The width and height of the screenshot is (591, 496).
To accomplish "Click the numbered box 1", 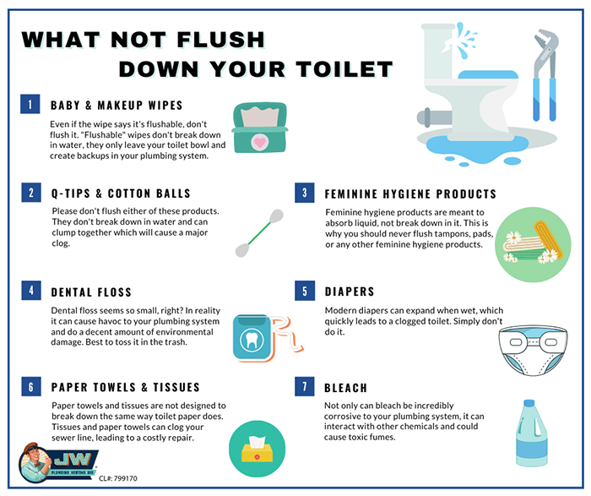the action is (x=30, y=104).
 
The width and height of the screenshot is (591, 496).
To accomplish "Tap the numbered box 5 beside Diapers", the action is (x=305, y=291).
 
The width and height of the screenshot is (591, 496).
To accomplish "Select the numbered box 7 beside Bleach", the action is (x=305, y=386).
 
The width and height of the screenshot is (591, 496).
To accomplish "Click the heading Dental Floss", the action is (x=91, y=292).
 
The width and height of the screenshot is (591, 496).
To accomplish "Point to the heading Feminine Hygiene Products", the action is (x=410, y=193).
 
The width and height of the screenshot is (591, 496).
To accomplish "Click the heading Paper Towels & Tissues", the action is (x=126, y=387).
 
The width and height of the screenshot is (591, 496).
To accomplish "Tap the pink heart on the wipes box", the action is (x=260, y=142).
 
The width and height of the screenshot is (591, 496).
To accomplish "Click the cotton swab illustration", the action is (x=259, y=232).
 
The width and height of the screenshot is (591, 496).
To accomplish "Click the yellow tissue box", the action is (x=257, y=452).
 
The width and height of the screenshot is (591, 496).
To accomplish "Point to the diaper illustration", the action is (x=533, y=351).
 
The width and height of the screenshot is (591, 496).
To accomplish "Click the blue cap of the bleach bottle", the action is (x=529, y=404).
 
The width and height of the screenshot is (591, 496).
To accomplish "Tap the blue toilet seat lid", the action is (x=488, y=74).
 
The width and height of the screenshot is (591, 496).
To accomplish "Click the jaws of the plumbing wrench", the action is (x=545, y=42).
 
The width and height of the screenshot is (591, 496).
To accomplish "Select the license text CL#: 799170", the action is (x=118, y=478).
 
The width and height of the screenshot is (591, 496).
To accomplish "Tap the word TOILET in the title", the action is (x=344, y=69).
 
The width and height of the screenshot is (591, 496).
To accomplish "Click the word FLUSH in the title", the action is (x=220, y=40).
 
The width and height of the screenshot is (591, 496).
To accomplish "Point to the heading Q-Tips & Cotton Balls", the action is (x=121, y=193).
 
